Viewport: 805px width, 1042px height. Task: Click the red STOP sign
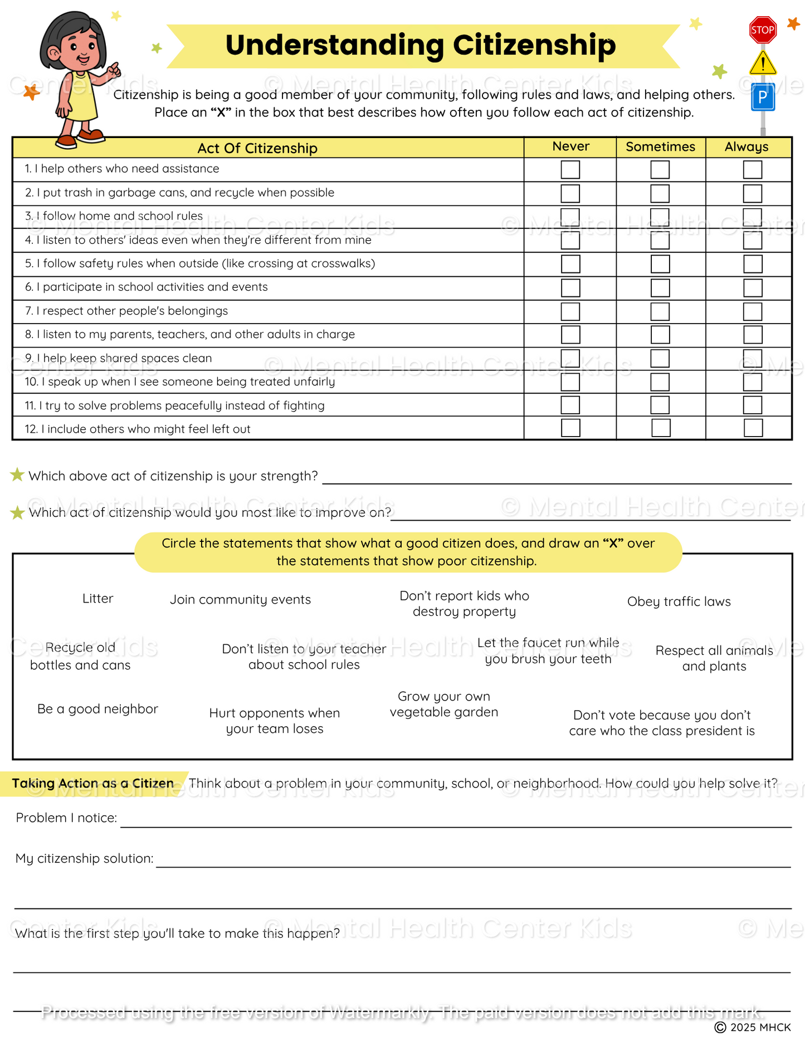click(763, 30)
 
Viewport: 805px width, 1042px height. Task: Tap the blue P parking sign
click(763, 97)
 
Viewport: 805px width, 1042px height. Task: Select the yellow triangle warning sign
click(763, 63)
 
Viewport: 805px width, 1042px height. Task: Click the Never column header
click(570, 146)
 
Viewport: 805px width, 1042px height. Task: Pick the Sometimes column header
click(660, 146)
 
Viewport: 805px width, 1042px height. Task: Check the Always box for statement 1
click(752, 169)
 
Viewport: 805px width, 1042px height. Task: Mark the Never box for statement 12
click(570, 428)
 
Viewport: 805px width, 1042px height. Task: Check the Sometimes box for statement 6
click(660, 287)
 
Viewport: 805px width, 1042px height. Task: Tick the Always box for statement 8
click(752, 335)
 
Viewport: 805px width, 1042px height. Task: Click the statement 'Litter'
click(97, 599)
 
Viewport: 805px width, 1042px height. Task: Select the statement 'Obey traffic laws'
click(679, 601)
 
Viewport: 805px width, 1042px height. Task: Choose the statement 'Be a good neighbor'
click(97, 709)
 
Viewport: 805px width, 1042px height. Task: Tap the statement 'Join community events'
click(240, 600)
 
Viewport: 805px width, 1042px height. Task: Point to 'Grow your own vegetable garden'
click(443, 705)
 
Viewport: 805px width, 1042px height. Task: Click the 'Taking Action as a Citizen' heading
click(93, 784)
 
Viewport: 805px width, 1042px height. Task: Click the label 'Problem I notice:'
click(66, 818)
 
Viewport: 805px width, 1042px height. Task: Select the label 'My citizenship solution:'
click(84, 858)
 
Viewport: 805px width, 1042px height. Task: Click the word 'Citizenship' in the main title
click(534, 45)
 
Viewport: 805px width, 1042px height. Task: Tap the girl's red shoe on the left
click(66, 140)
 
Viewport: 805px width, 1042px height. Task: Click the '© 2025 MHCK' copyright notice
click(753, 1027)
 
